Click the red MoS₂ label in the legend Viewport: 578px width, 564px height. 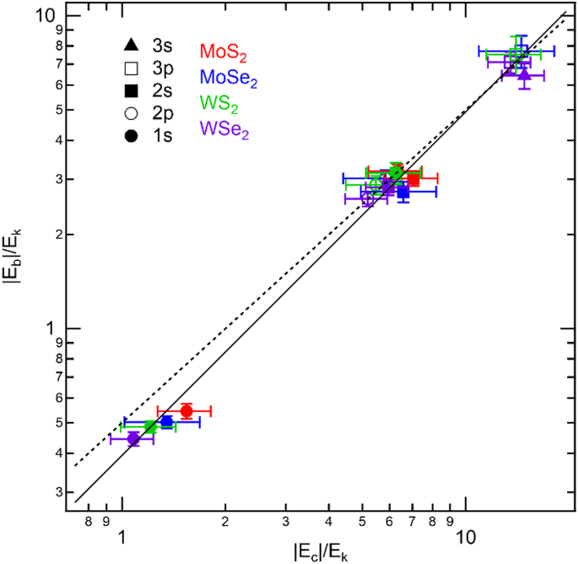[x=223, y=52]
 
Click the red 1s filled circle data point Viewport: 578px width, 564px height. [x=186, y=411]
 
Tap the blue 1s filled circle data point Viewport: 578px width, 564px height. [x=166, y=421]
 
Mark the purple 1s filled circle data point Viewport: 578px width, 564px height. [x=133, y=438]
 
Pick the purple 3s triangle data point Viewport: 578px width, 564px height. [x=524, y=75]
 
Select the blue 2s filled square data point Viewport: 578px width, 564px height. [x=403, y=192]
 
